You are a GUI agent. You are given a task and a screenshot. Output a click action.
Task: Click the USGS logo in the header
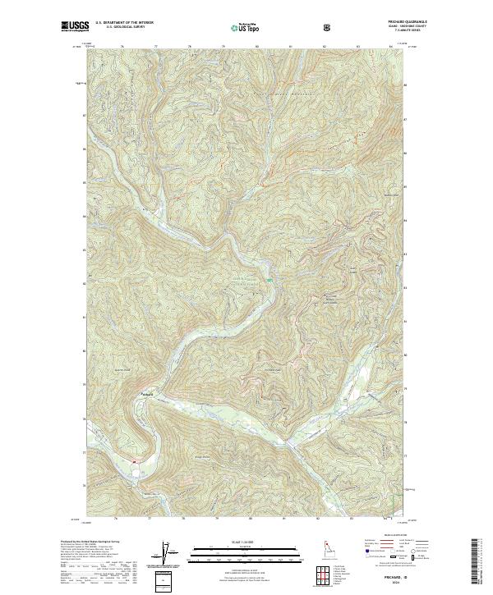coord(72,26)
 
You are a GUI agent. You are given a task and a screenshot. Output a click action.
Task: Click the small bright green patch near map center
coord(270,281)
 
